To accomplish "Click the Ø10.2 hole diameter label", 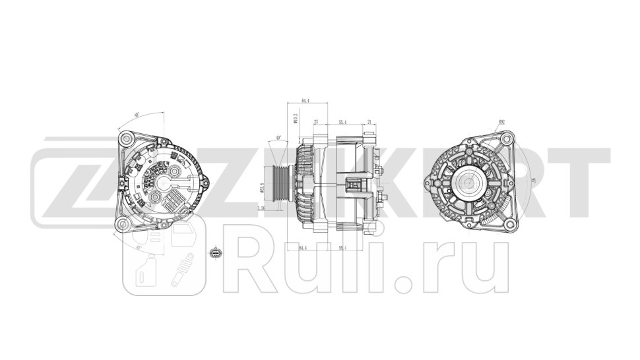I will coord(296,118).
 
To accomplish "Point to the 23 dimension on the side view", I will coord(316,123).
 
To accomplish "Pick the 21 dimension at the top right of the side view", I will coord(369,123).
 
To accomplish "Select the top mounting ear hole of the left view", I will coord(127,140).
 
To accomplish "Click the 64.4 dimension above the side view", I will coord(305,101).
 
